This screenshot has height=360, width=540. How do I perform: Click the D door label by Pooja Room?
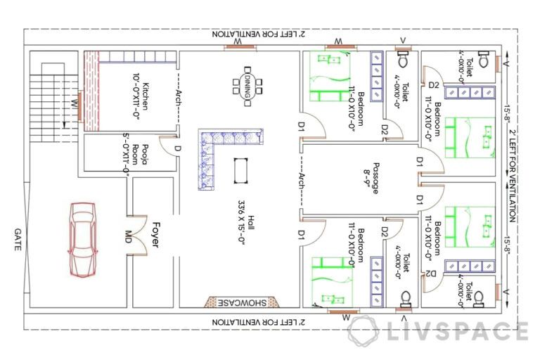178,148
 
